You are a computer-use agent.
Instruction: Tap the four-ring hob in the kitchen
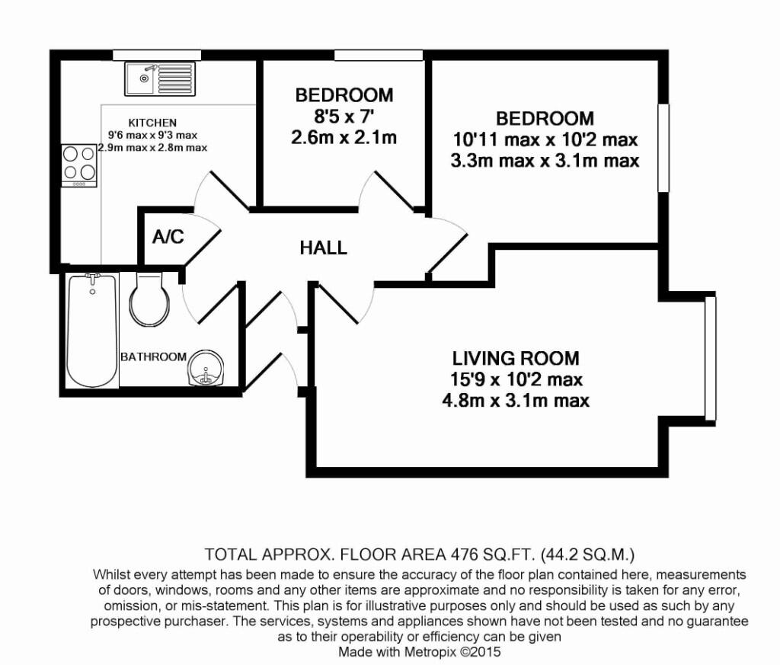[x=79, y=163]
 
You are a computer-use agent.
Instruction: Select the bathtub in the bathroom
[x=91, y=331]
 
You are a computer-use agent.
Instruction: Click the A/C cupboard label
[x=168, y=237]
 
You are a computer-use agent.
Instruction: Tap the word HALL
[x=323, y=248]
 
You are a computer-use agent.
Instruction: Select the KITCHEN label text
[x=152, y=123]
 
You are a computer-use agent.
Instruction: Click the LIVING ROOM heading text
[x=516, y=358]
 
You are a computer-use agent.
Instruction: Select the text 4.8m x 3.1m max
[x=516, y=400]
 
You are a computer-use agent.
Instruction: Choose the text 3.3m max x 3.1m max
[x=545, y=161]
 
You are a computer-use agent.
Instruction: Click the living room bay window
[x=710, y=358]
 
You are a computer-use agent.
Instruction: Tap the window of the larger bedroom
[x=663, y=147]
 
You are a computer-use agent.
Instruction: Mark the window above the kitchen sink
[x=157, y=54]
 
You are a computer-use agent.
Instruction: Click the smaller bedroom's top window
[x=379, y=54]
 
